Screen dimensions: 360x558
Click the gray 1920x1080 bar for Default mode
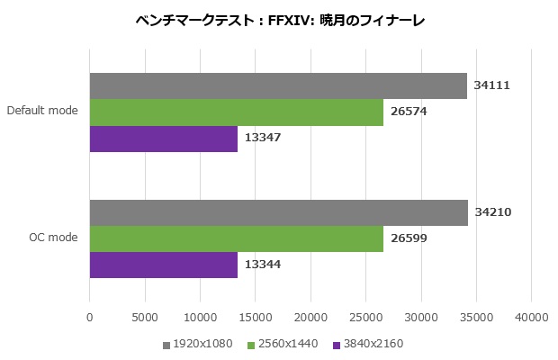[278, 85]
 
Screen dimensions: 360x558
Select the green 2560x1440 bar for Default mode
[237, 112]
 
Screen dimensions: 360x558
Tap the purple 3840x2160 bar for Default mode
[164, 139]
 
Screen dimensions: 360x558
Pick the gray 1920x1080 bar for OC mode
[279, 212]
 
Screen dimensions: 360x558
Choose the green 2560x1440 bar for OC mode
[237, 238]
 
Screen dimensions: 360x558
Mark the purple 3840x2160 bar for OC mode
[164, 265]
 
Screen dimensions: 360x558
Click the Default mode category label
[42, 112]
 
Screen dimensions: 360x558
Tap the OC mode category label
[54, 238]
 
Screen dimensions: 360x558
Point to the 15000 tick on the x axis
[255, 318]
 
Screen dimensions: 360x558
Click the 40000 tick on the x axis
[531, 318]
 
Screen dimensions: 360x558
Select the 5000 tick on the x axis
[145, 318]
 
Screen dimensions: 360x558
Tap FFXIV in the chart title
[292, 20]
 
